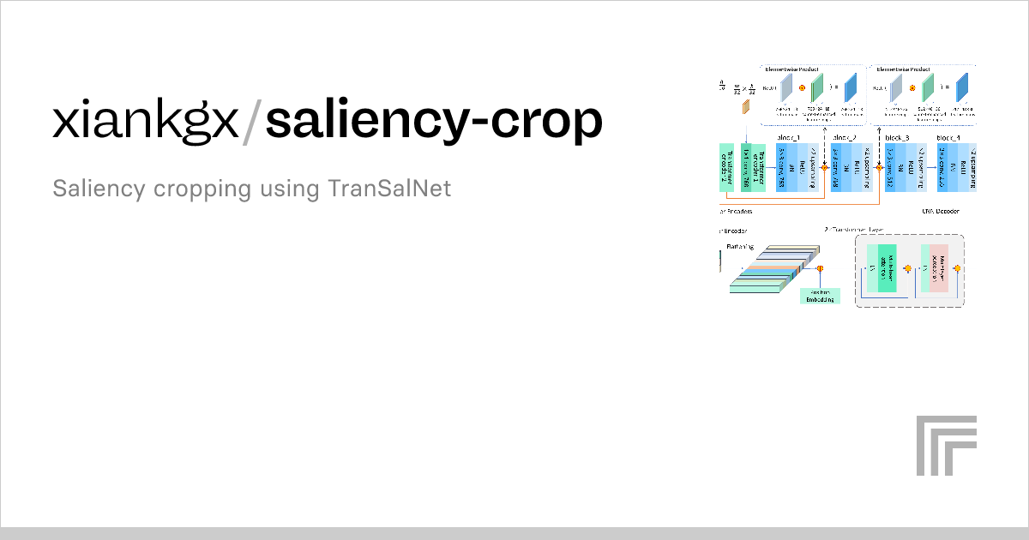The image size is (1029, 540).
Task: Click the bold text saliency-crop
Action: click(x=434, y=122)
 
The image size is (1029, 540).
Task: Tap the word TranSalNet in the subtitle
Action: click(x=389, y=189)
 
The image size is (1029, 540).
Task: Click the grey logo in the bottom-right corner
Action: click(x=946, y=445)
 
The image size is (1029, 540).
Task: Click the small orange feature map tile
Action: click(x=746, y=105)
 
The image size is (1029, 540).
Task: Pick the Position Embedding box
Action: click(x=819, y=295)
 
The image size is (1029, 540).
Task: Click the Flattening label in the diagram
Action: click(x=740, y=246)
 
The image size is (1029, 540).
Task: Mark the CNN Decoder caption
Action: click(x=941, y=211)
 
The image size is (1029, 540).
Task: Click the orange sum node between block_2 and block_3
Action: click(x=879, y=168)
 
